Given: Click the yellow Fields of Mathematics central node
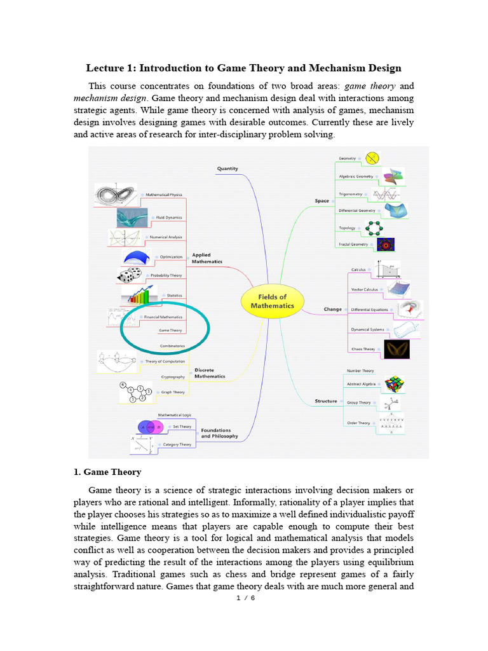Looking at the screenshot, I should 273,301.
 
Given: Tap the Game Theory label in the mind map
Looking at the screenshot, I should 170,331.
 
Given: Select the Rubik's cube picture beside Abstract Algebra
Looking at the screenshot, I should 395,385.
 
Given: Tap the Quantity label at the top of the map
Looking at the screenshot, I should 227,168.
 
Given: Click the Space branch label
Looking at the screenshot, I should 322,201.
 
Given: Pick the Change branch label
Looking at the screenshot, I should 332,310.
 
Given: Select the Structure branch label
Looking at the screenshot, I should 325,401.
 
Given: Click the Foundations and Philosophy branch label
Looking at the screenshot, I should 220,433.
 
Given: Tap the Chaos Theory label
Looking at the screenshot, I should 362,349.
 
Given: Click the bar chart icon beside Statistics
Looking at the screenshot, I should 140,296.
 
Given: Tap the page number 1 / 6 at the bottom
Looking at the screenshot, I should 245,598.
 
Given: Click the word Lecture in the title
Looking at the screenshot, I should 105,68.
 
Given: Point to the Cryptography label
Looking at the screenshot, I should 172,377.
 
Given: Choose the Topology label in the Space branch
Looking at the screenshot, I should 347,228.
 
